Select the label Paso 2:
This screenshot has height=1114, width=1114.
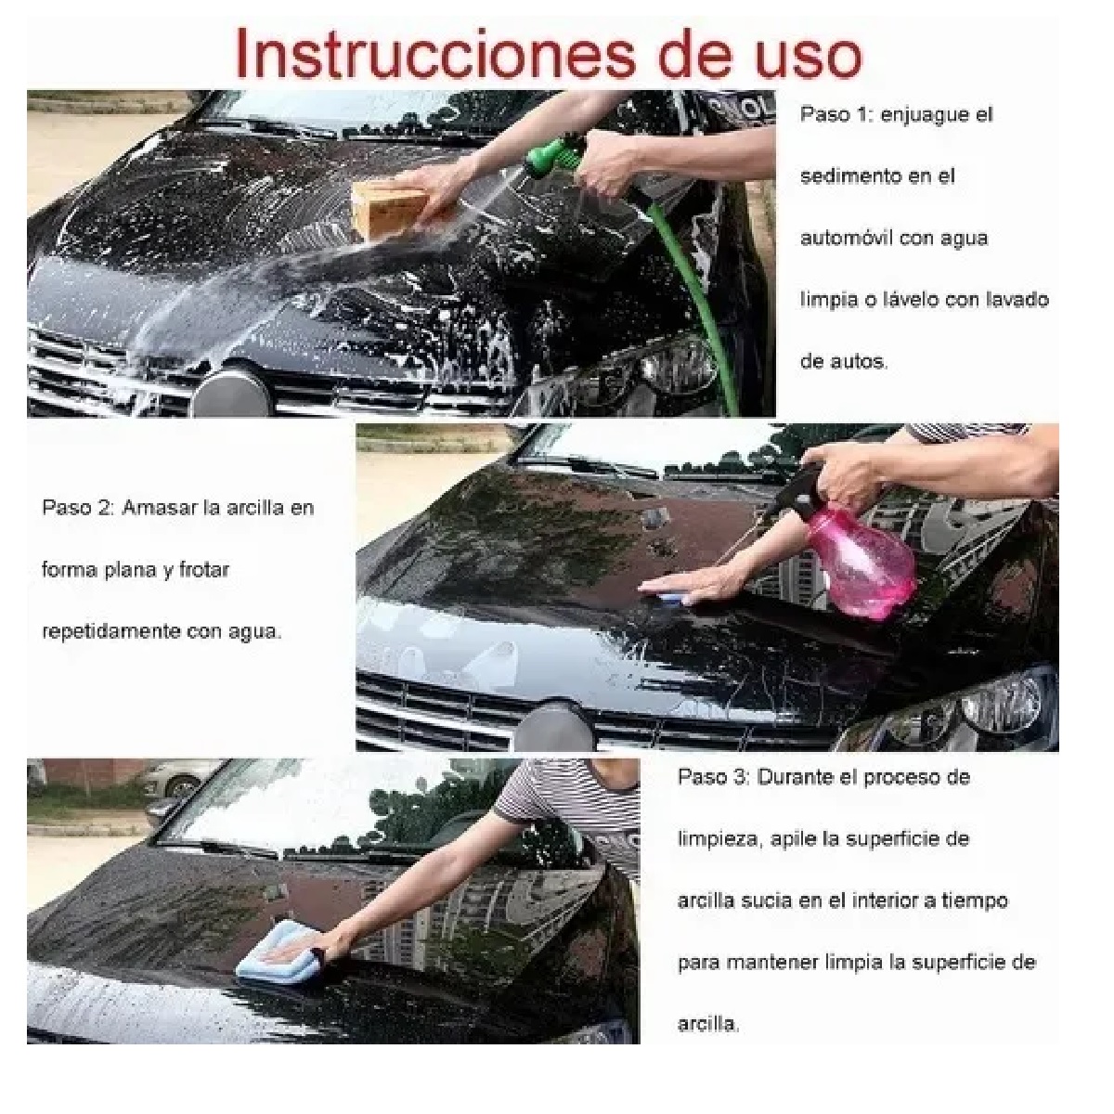point(76,508)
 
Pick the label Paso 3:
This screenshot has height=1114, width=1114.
point(712,777)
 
